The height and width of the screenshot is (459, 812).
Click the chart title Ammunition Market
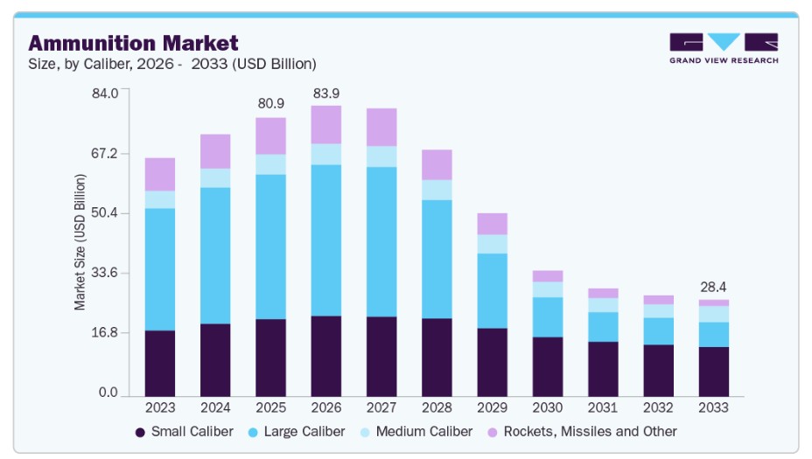coord(133,43)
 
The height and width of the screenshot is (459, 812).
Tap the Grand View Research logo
coord(723,48)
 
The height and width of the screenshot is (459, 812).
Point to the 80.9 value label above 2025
coord(270,103)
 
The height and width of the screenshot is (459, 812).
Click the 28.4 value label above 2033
coord(713,287)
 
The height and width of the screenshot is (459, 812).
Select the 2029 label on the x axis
coord(492,407)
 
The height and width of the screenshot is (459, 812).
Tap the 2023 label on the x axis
coord(160,407)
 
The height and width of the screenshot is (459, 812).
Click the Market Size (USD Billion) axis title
coord(80,242)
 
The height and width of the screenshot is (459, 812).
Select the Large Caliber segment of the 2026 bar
coord(325,240)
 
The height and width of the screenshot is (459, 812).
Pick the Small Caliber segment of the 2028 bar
coord(437,357)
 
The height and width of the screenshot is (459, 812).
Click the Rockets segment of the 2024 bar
coord(215,151)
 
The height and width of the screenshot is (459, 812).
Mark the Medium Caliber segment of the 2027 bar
coord(381,156)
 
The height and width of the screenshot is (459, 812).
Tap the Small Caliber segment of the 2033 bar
coord(713,372)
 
